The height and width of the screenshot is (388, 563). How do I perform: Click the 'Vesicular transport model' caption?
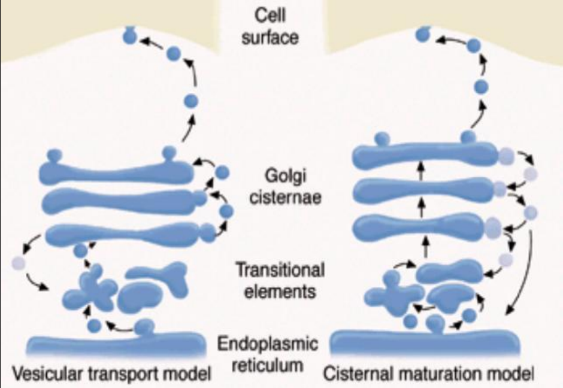pyautogui.click(x=112, y=375)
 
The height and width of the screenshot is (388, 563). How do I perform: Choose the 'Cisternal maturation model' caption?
pyautogui.click(x=429, y=375)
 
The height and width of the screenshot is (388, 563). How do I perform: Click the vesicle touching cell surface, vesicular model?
pyautogui.click(x=129, y=37)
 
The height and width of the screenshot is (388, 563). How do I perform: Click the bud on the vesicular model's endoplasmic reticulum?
pyautogui.click(x=144, y=327)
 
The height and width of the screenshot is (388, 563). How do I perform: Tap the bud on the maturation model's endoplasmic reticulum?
pyautogui.click(x=436, y=324)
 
